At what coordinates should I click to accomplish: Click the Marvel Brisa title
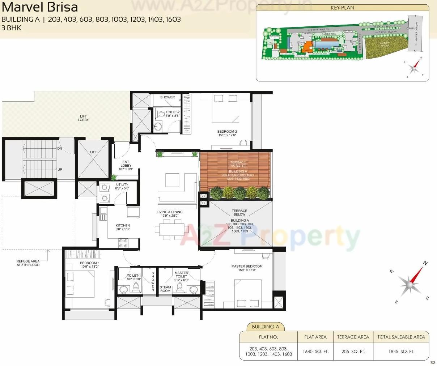39,7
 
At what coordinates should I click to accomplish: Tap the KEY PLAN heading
342,7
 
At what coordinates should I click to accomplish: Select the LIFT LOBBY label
83,118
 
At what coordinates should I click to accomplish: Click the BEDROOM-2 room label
227,133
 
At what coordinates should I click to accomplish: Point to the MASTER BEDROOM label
247,268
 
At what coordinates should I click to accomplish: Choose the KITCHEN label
123,227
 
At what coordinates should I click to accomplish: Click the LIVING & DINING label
169,214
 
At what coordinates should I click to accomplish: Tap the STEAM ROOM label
165,289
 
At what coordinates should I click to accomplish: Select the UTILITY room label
122,186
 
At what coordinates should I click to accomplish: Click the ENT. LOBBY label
126,165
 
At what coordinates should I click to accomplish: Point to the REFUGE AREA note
28,263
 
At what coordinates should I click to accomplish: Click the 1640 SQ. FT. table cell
315,351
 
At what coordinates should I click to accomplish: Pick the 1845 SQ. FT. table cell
401,351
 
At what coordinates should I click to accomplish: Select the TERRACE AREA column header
353,337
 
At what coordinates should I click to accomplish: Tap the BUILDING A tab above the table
266,327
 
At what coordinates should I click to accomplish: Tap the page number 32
433,363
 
